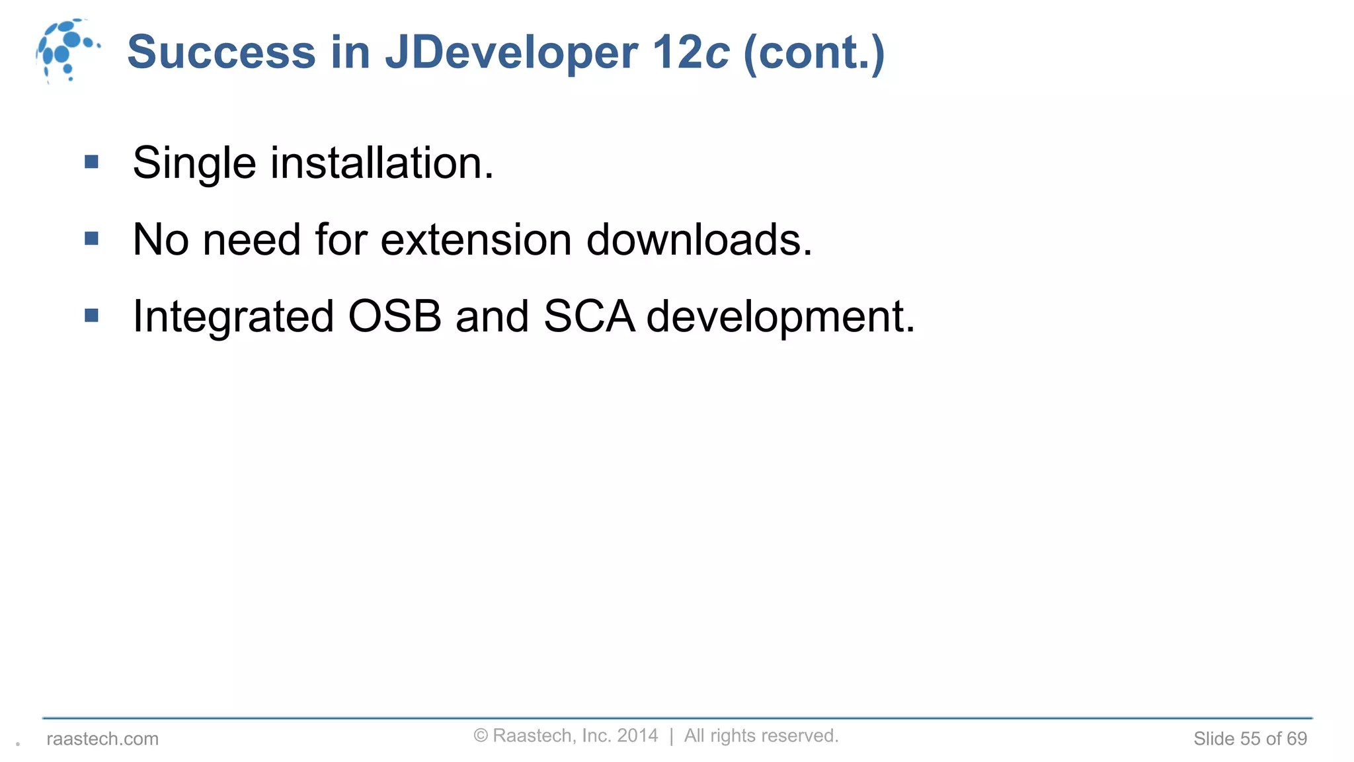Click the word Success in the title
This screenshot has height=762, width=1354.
click(221, 52)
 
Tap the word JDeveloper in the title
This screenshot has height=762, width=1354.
click(512, 52)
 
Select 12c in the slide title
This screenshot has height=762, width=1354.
click(691, 52)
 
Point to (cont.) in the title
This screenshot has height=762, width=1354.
click(814, 52)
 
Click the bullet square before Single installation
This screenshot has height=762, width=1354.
click(92, 161)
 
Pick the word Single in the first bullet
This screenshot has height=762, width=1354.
click(194, 163)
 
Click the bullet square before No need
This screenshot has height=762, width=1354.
click(92, 238)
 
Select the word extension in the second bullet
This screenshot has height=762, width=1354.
click(476, 239)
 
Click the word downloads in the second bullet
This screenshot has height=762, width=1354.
click(699, 239)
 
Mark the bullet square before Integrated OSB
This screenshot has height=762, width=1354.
click(92, 316)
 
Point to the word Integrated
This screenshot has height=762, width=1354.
click(233, 316)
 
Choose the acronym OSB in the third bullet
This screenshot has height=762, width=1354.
click(395, 316)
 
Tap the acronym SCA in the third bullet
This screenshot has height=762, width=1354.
click(589, 316)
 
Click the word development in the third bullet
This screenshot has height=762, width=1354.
click(780, 316)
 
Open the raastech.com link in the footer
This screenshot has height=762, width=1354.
click(102, 739)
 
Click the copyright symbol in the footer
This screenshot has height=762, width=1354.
click(481, 736)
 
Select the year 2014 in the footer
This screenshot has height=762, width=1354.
click(637, 736)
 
